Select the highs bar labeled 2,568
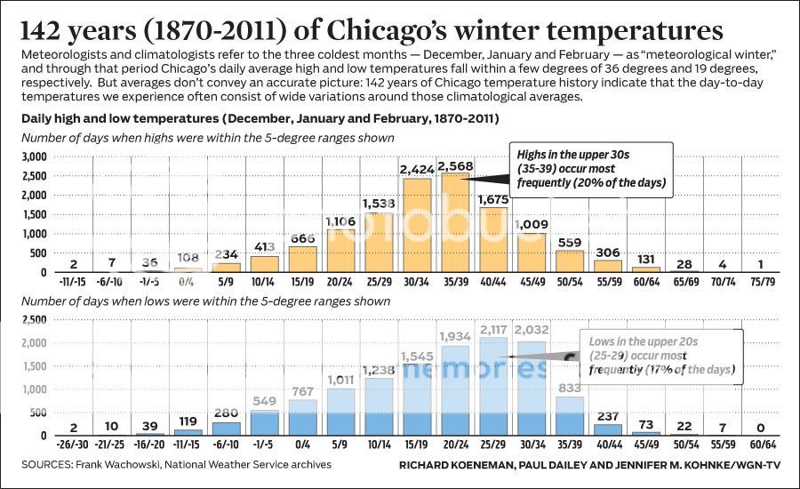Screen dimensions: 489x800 [455, 222]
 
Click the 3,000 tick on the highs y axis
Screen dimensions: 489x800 [33, 156]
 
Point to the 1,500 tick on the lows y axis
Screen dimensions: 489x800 [33, 365]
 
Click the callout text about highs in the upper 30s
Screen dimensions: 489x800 [590, 169]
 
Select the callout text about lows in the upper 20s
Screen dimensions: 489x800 [660, 354]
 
